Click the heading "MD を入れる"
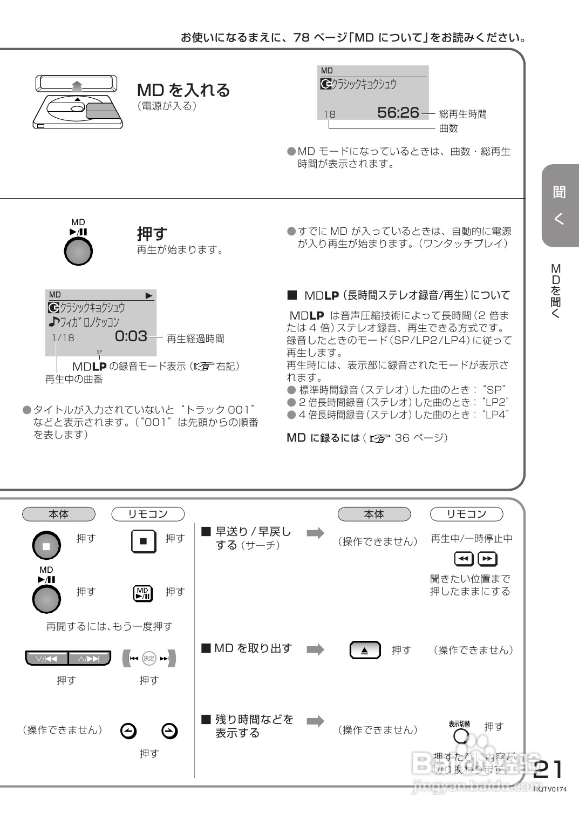coord(183,90)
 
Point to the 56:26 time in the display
coord(398,112)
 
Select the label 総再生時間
coord(462,114)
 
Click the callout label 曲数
coord(448,128)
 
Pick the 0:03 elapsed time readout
coord(131,336)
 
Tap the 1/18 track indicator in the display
coord(63,338)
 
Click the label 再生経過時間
coord(195,339)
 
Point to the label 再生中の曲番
coord(74,379)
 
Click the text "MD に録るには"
coord(323,438)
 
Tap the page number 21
coord(548,769)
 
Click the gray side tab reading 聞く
coord(560,205)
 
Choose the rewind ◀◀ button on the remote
coord(464,559)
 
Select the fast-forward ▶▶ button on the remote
coord(487,559)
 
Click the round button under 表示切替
coord(461,736)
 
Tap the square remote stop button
coord(144,541)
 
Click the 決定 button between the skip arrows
coord(149,658)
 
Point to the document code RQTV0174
coord(550,789)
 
